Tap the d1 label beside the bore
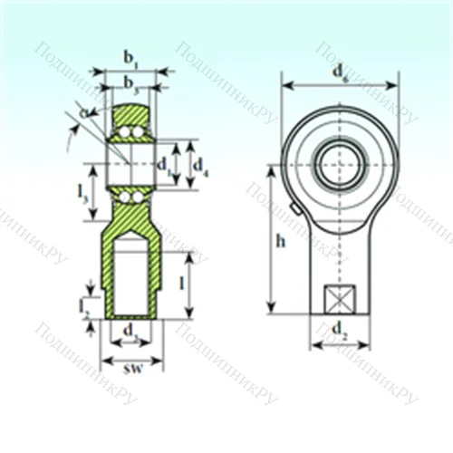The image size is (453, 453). (x=162, y=165)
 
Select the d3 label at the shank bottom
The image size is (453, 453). (x=132, y=332)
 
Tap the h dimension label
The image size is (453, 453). (x=281, y=241)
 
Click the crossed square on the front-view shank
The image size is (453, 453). (x=340, y=298)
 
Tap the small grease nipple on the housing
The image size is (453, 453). (x=295, y=211)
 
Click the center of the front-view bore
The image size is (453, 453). (x=340, y=164)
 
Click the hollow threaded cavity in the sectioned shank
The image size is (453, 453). (x=132, y=272)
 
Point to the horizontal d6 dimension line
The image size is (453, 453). (x=340, y=86)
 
